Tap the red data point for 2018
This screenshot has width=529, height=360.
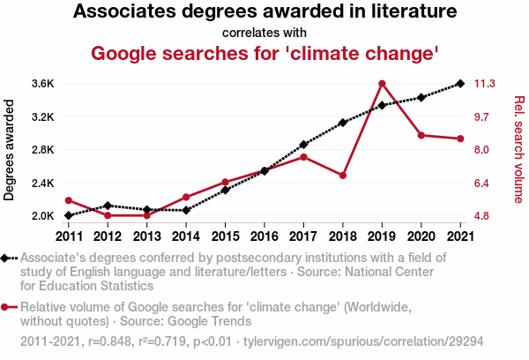343,176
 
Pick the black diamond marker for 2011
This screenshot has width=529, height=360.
68,215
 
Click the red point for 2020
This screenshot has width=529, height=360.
421,135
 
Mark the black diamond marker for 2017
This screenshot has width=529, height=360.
303,144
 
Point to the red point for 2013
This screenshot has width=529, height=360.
146,215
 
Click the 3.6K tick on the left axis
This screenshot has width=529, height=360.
42,84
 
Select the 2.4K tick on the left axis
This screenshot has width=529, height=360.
42,183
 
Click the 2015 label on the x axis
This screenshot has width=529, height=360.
225,236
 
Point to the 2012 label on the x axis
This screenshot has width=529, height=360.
108,236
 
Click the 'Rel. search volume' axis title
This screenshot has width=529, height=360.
518,149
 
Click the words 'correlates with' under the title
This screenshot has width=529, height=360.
264,34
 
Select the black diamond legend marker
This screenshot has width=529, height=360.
7,259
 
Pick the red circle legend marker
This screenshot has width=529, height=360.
7,307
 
